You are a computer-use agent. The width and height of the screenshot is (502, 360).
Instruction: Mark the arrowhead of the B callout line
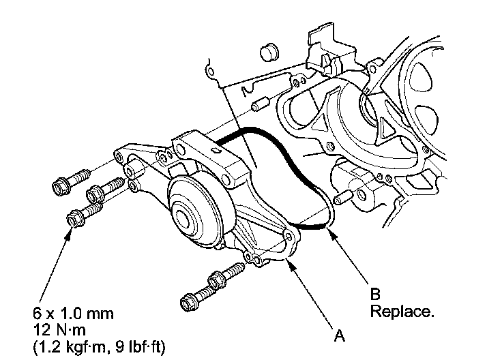pos(329,230)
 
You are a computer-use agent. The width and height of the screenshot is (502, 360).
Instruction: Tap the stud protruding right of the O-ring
pos(343,198)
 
